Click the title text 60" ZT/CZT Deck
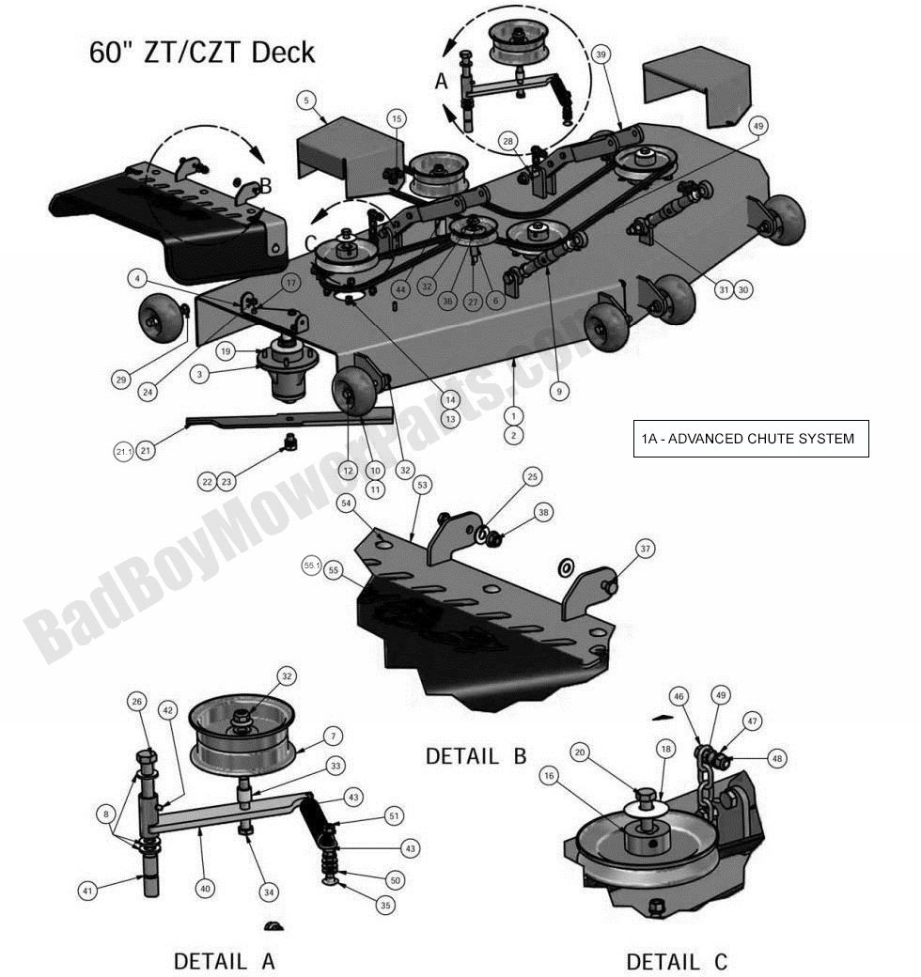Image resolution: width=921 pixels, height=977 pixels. click(202, 52)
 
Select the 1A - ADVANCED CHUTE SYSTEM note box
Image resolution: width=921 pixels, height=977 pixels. click(750, 439)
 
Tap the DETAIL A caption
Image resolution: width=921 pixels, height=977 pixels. click(225, 960)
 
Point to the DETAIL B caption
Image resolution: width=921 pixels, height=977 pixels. click(476, 755)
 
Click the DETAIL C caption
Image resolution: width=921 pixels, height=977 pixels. click(677, 961)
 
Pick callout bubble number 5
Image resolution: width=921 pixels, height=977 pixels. click(307, 100)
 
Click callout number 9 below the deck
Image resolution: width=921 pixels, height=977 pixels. click(560, 392)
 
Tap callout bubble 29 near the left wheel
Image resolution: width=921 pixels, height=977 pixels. click(121, 380)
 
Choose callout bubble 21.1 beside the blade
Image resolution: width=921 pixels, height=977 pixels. click(124, 453)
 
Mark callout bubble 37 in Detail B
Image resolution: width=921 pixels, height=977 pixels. click(644, 549)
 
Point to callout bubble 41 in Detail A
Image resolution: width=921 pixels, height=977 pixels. click(88, 889)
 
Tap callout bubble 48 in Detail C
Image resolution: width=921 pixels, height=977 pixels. click(775, 758)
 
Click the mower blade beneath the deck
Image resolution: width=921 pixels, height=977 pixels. click(282, 419)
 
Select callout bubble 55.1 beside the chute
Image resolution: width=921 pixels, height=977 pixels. click(312, 566)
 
